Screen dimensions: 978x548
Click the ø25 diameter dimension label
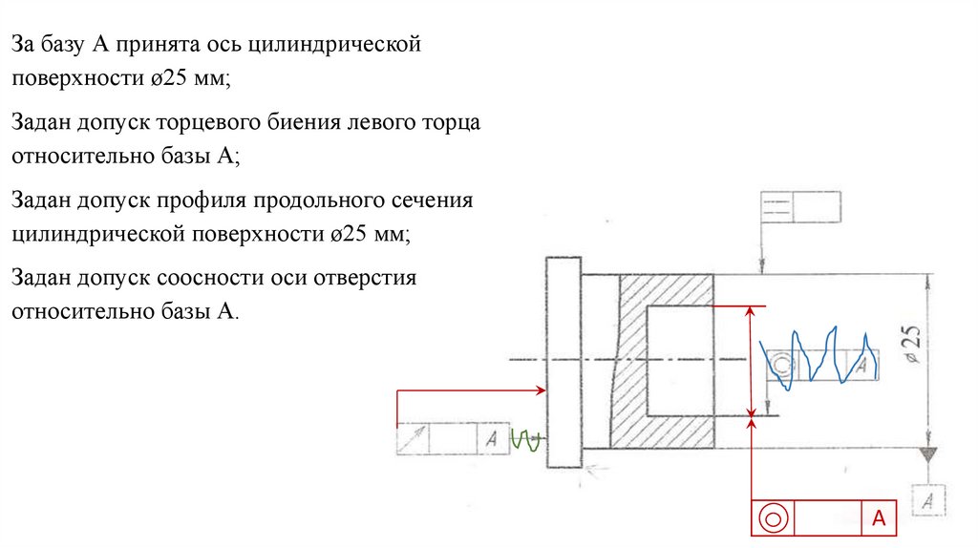[x=912, y=344]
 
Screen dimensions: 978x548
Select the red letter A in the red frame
[x=878, y=518]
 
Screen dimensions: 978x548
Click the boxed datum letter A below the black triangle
[x=928, y=499]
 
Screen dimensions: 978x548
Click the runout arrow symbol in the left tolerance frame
[x=413, y=439]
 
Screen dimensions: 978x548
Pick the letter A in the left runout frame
[x=491, y=439]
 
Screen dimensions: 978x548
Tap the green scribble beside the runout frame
[x=527, y=440]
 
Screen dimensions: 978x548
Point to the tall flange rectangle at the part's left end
[x=563, y=362]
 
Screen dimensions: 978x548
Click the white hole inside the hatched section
[x=679, y=361]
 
